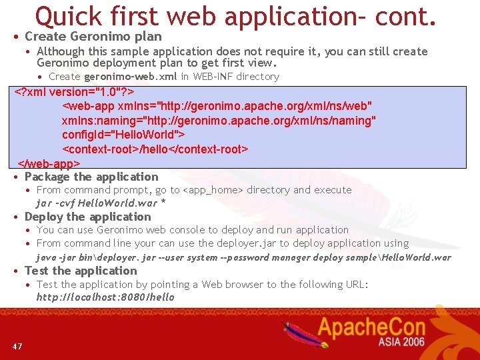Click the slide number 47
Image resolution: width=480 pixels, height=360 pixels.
click(17, 346)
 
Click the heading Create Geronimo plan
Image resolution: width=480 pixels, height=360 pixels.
click(93, 37)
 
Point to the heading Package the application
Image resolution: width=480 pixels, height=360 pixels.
click(91, 177)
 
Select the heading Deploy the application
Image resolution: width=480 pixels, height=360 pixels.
click(87, 217)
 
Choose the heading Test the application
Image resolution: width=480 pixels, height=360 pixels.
click(81, 271)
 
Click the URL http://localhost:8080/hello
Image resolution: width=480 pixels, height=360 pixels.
click(105, 297)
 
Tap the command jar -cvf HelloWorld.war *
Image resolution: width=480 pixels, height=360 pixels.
click(101, 203)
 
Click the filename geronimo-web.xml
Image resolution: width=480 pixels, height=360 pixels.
click(131, 77)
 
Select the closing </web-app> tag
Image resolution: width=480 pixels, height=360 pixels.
click(49, 163)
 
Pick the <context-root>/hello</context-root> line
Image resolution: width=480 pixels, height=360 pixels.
click(155, 149)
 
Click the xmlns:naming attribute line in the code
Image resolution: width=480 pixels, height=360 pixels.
click(219, 121)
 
